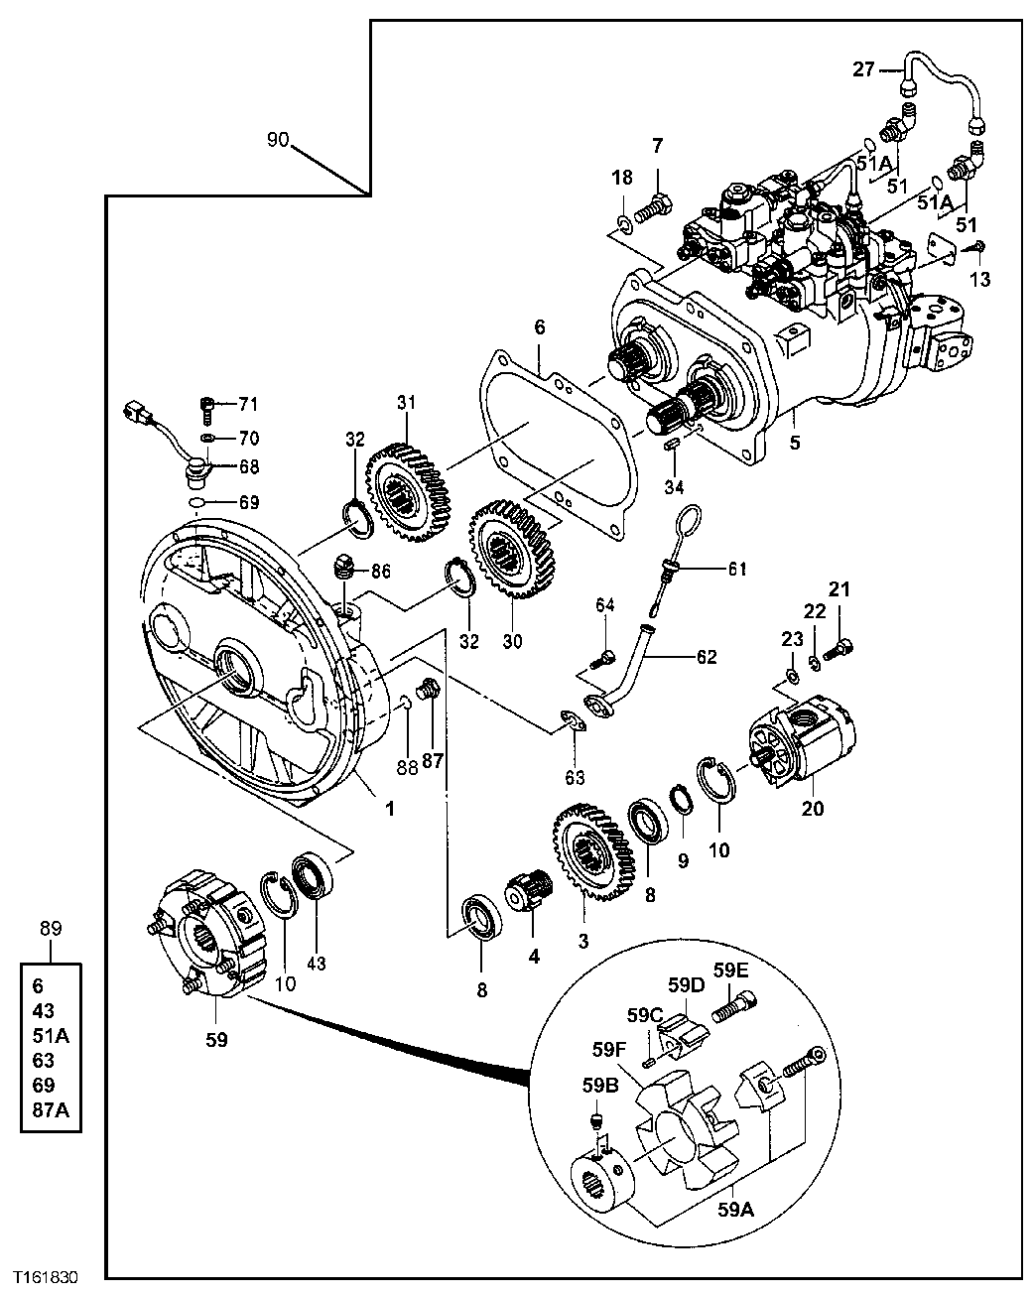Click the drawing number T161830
(45, 1274)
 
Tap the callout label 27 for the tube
(864, 68)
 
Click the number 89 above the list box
(51, 929)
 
